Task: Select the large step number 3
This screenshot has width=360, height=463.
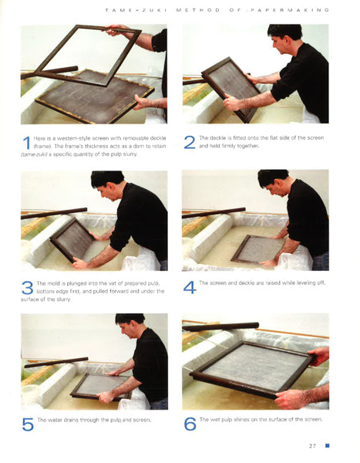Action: pyautogui.click(x=27, y=288)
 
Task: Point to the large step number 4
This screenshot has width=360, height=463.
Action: pyautogui.click(x=189, y=287)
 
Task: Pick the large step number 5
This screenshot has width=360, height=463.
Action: pyautogui.click(x=27, y=424)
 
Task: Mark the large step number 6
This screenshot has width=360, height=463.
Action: pyautogui.click(x=189, y=424)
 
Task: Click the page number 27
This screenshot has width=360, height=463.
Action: pyautogui.click(x=312, y=445)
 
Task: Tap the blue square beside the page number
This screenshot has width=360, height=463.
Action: pyautogui.click(x=327, y=445)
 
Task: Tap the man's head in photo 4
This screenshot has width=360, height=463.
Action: pyautogui.click(x=272, y=181)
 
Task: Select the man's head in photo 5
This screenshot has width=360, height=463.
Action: pyautogui.click(x=128, y=323)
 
